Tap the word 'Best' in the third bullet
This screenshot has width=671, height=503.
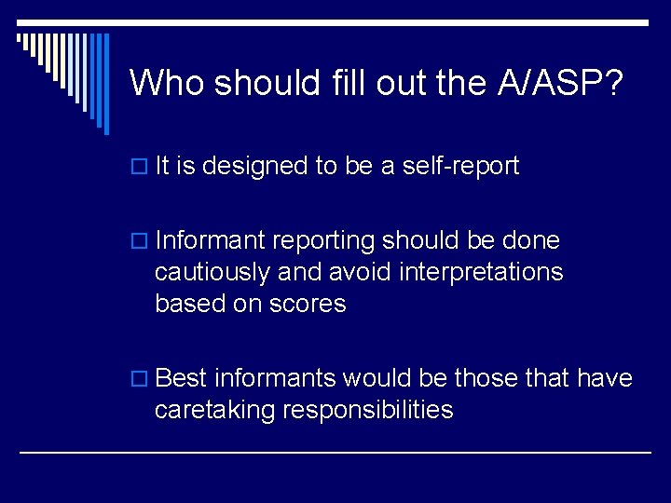[x=182, y=378]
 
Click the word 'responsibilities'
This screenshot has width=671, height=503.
[x=370, y=410]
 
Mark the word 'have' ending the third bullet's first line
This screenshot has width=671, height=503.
[x=605, y=378]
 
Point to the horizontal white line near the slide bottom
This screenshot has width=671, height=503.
[x=335, y=453]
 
